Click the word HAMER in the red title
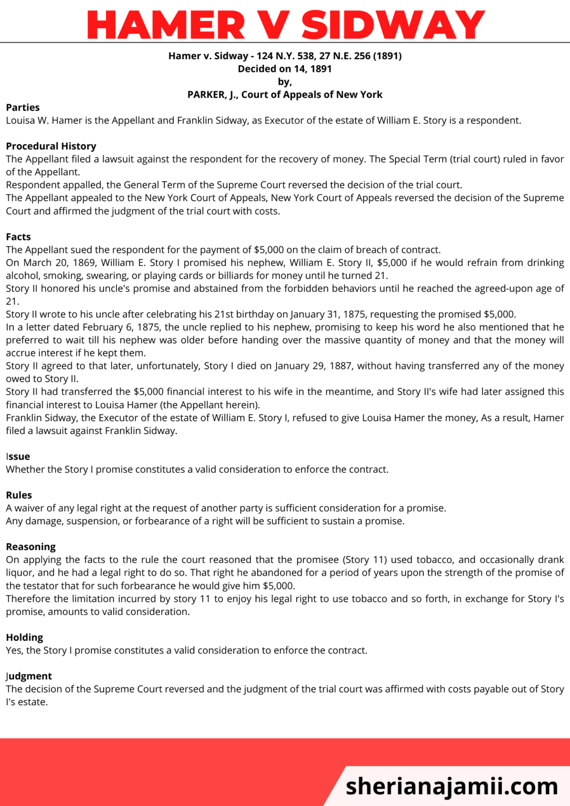tap(166, 25)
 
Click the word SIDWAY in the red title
tap(393, 25)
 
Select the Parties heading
tap(23, 108)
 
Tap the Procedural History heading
tap(51, 146)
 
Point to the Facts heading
tap(18, 237)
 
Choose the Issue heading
tap(18, 457)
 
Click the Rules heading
tap(19, 495)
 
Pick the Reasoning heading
tap(30, 547)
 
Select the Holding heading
tap(25, 638)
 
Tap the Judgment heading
tap(29, 676)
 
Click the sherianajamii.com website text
tap(452, 786)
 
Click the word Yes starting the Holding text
tap(14, 651)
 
